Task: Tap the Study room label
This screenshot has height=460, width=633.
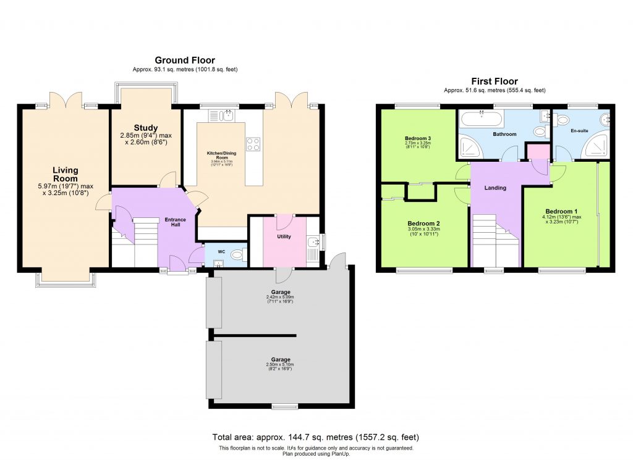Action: coord(146,128)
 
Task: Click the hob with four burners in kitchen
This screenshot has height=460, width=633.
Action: coord(253,144)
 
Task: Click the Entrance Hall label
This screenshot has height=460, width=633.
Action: coord(175,222)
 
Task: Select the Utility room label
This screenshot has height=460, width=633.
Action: coord(284,236)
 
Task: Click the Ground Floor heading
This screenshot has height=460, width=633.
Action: coord(185,60)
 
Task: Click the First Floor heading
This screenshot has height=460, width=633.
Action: coord(495,81)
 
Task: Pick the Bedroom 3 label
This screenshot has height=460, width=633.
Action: coord(417,138)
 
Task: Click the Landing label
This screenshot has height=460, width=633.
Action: coord(495,188)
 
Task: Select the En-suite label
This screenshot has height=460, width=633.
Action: coord(579,131)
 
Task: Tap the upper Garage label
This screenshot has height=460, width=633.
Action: coord(280,292)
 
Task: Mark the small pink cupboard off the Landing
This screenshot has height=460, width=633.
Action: coord(537,151)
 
